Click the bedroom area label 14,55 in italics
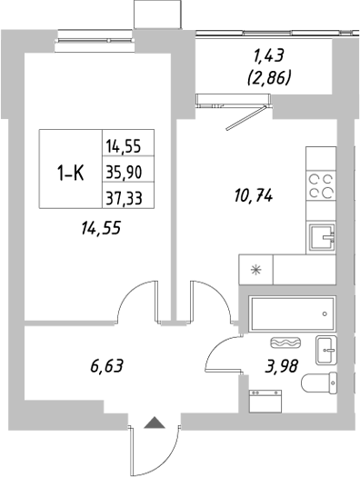(x=100, y=229)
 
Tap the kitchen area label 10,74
(x=254, y=194)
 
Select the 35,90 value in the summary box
(x=128, y=171)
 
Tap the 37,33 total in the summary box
(x=128, y=195)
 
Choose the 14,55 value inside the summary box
(x=128, y=145)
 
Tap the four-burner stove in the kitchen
(x=321, y=185)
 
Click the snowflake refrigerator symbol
(x=255, y=270)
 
